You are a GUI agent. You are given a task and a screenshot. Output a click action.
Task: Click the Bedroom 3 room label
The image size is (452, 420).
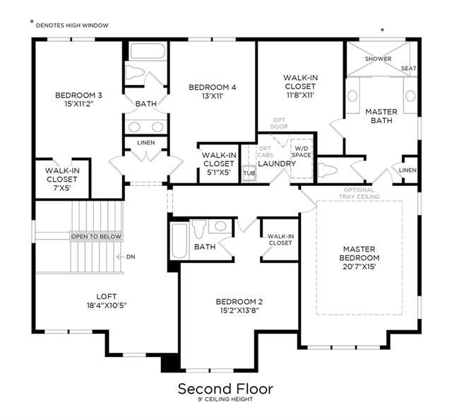78,95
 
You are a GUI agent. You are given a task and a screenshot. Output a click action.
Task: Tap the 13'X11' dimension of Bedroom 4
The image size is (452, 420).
213,96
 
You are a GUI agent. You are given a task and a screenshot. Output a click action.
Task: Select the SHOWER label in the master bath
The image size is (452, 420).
379,59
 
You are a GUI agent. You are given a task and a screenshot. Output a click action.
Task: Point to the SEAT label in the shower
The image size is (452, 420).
409,69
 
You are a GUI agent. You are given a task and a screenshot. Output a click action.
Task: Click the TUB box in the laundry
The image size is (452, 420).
249,173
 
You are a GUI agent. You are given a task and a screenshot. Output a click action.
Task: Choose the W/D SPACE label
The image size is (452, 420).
302,152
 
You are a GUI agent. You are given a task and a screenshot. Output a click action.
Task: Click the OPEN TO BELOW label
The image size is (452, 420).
96,237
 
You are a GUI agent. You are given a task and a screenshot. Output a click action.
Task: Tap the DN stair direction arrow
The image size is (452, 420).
120,257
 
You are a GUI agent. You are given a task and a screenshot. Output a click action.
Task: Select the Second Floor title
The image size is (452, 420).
225,389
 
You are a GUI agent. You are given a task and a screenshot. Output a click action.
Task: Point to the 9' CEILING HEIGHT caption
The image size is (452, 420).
225,399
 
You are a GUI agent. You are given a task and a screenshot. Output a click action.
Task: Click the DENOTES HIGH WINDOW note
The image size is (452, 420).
72,25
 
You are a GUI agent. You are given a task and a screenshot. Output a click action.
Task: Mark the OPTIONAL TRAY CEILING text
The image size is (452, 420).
359,193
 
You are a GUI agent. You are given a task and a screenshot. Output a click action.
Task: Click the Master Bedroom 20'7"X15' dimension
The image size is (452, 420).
359,267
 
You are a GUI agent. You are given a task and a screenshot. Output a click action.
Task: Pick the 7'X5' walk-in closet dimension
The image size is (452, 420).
61,187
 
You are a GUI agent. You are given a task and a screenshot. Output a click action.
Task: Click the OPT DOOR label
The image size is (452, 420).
279,123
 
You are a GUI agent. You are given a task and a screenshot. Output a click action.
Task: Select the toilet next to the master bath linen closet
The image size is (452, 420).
328,170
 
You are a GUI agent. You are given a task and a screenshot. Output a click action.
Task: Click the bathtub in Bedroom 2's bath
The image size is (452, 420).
179,241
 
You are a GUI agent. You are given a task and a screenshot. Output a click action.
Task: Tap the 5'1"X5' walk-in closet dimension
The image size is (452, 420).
218,172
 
